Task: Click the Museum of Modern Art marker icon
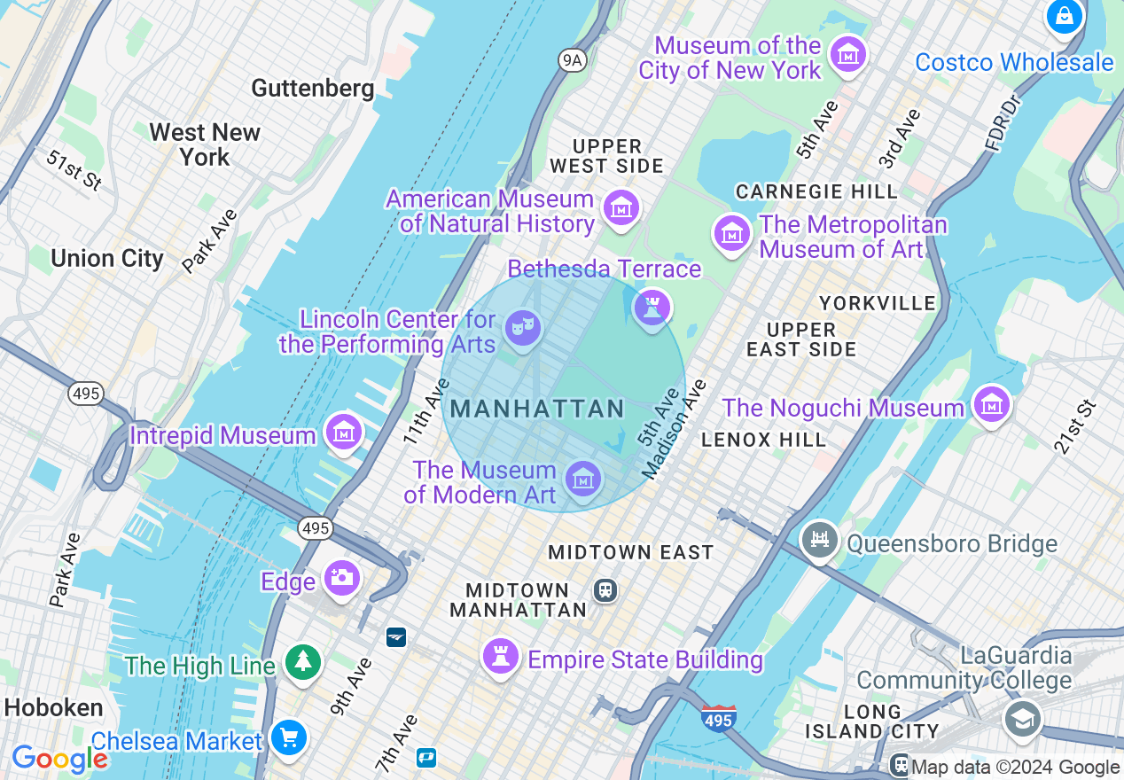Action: tap(582, 480)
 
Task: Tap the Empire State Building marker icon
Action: tap(501, 657)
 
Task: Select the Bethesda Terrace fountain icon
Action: tap(652, 308)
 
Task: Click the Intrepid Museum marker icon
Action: tap(343, 433)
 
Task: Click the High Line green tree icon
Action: tap(303, 661)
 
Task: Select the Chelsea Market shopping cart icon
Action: tap(288, 737)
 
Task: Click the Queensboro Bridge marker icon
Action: tap(820, 540)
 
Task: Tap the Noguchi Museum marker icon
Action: tap(991, 404)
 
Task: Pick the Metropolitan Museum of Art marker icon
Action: tap(732, 234)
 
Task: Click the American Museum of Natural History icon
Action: tap(621, 208)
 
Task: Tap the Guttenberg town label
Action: tap(312, 88)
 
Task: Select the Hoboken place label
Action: tap(53, 707)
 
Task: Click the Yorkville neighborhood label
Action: tap(878, 303)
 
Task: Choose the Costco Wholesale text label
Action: tap(1014, 63)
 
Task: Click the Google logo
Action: tap(59, 759)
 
